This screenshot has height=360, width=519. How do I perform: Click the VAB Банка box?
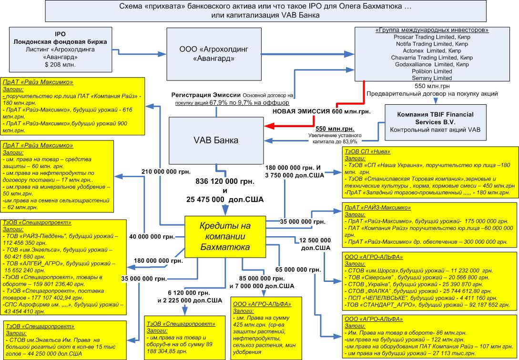[216, 140]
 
